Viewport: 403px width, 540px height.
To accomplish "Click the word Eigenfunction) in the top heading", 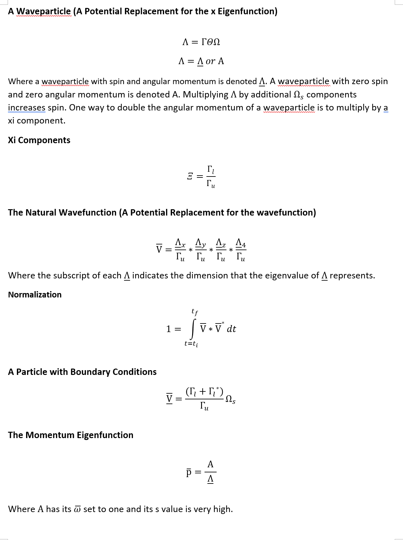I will tap(247, 11).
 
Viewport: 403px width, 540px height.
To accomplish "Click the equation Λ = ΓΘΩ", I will tap(201, 42).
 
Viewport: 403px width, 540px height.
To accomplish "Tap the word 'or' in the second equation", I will tap(210, 61).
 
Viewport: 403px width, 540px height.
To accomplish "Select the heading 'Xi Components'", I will tap(39, 140).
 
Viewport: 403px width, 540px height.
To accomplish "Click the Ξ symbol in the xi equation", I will tap(190, 176).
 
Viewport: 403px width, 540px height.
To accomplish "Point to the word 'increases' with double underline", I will tap(27, 108).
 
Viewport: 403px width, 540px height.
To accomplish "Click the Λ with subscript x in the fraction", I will tap(180, 243).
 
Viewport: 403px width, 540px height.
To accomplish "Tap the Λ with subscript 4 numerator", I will tap(240, 243).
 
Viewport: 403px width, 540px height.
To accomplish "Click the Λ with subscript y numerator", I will tap(200, 243).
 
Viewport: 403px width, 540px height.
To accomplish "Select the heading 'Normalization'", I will tap(35, 295).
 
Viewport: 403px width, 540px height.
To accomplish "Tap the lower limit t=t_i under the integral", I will tap(191, 343).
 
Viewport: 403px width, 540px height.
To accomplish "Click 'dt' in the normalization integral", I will tap(231, 329).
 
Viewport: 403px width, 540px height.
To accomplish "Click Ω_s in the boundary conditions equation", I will tap(230, 399).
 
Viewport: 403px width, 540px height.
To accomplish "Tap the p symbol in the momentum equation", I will tap(189, 472).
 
